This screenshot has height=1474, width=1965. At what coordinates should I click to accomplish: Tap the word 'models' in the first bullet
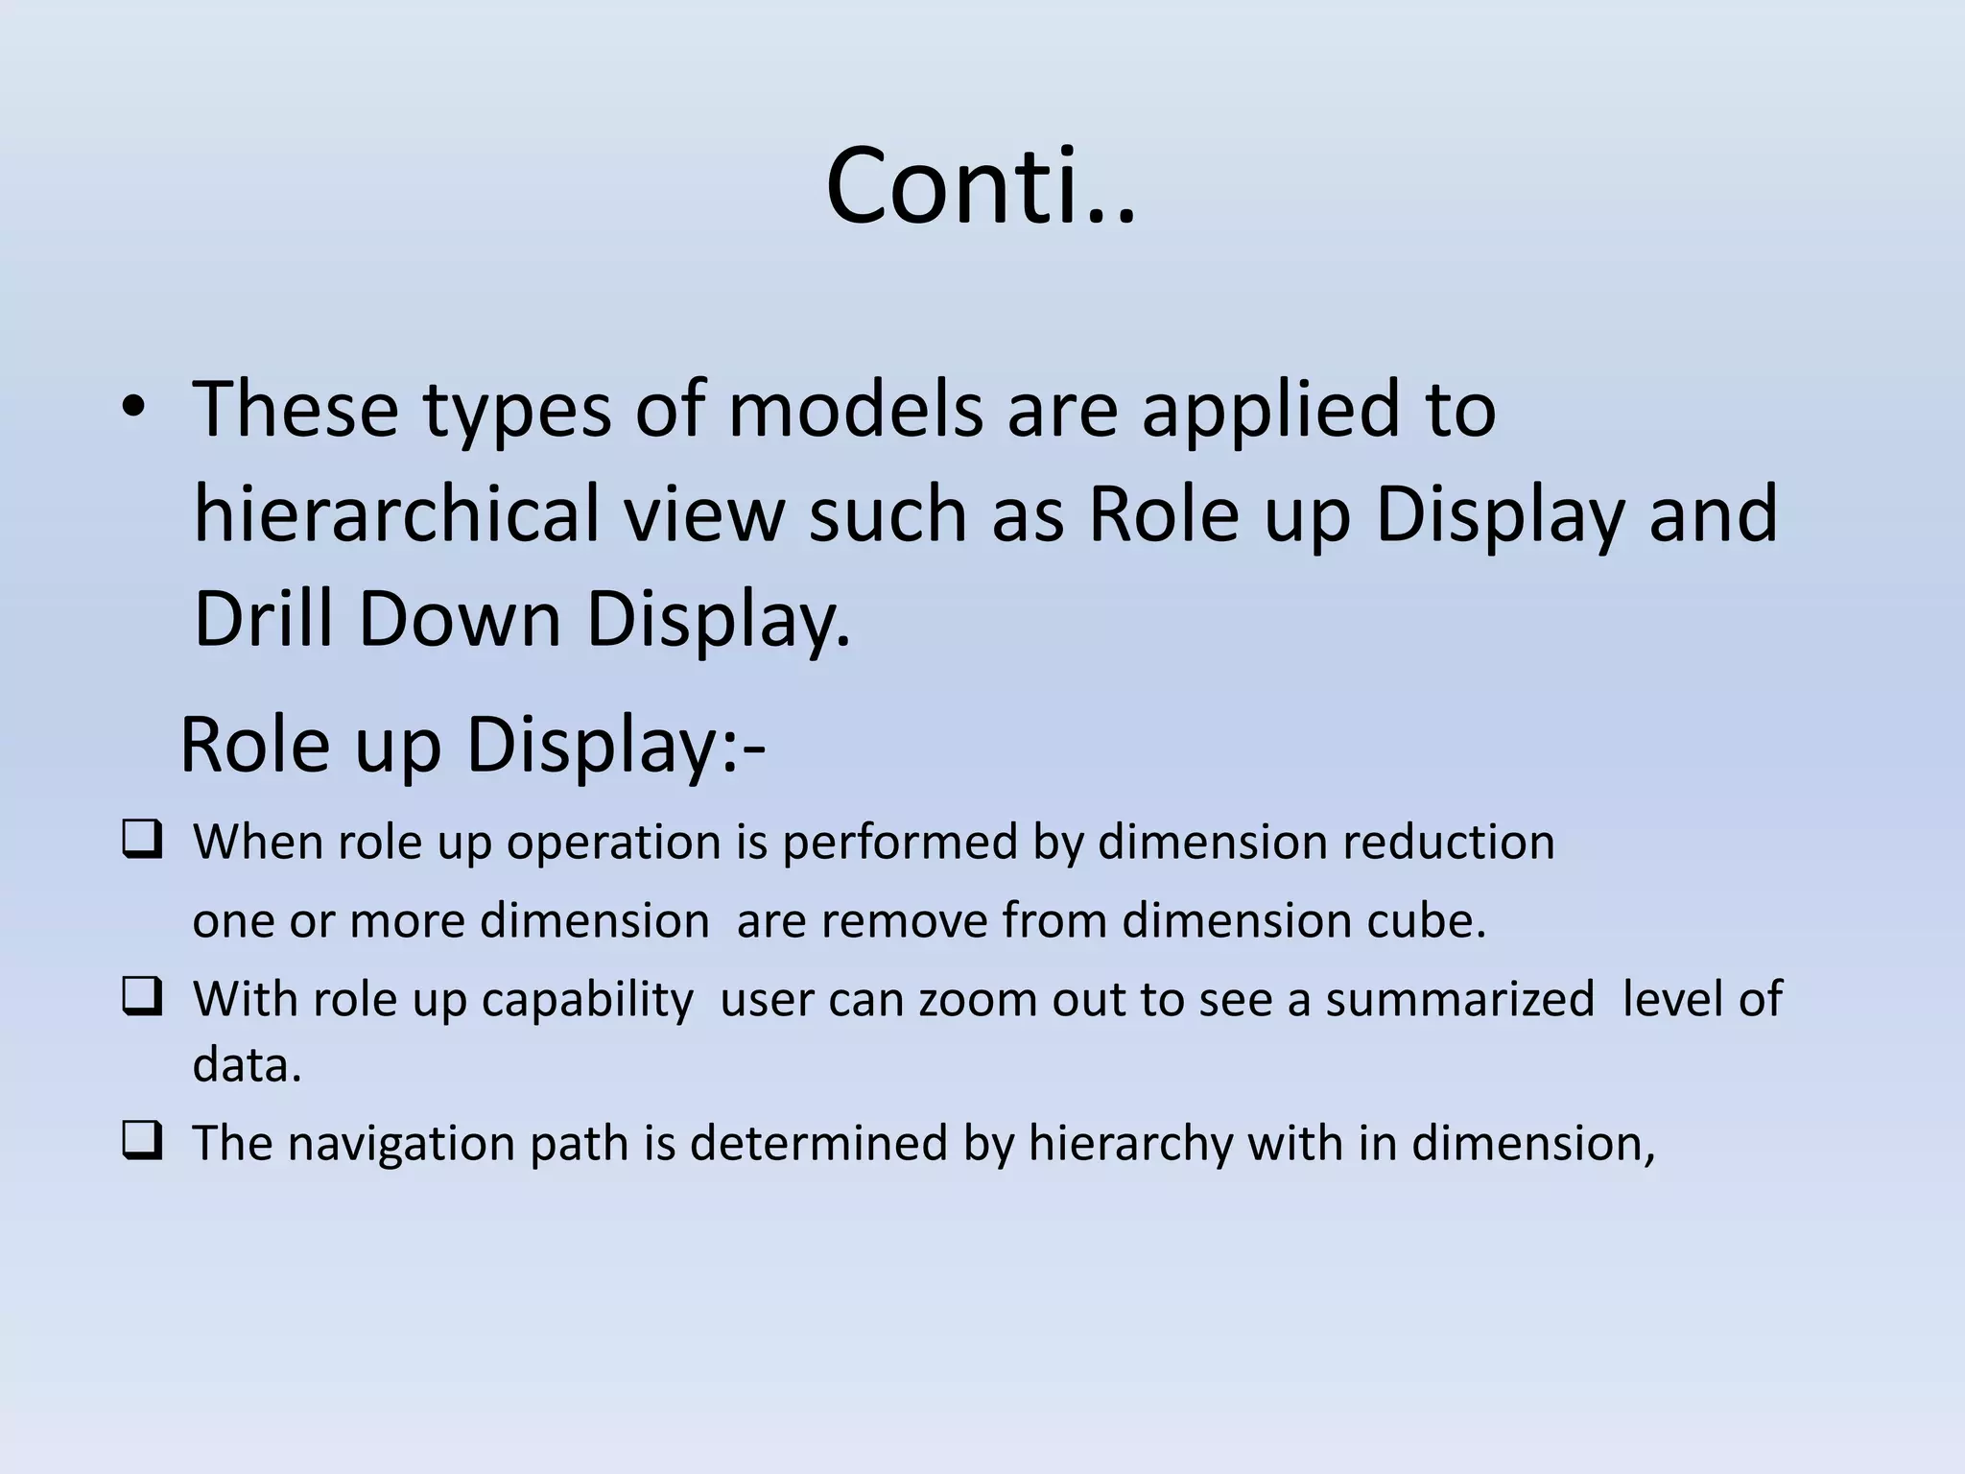pyautogui.click(x=855, y=411)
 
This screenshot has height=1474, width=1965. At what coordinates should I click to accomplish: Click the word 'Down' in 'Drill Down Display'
pyautogui.click(x=460, y=619)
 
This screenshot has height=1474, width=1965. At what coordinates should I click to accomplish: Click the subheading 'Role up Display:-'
pyautogui.click(x=472, y=746)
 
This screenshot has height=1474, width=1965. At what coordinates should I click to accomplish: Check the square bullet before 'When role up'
pyautogui.click(x=142, y=842)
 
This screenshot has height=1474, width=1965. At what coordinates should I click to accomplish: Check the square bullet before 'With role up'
pyautogui.click(x=142, y=999)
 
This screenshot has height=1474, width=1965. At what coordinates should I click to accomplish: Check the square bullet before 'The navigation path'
pyautogui.click(x=142, y=1143)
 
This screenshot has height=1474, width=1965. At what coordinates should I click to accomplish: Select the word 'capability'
pyautogui.click(x=587, y=1000)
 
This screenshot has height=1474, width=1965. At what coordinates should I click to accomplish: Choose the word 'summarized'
pyautogui.click(x=1459, y=999)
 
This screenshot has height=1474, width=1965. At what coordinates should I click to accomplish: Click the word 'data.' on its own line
pyautogui.click(x=248, y=1064)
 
